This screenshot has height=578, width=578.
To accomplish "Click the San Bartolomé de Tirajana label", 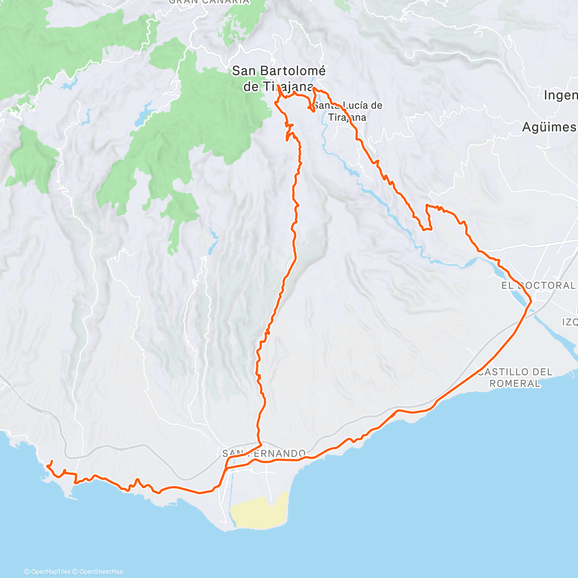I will (278, 78).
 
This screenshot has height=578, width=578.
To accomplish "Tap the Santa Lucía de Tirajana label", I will (348, 111).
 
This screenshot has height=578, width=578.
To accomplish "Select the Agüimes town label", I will (549, 127).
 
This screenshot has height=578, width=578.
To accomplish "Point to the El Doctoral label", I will (538, 285).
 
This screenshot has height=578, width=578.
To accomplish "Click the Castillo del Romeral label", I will (515, 378).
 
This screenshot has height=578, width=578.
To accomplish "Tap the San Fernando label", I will (264, 454).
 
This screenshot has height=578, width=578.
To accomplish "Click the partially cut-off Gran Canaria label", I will (209, 2).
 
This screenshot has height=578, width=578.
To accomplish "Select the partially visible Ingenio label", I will (560, 95).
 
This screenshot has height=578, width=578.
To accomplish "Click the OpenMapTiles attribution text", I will (47, 572).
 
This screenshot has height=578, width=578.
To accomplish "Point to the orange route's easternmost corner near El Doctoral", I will (530, 302).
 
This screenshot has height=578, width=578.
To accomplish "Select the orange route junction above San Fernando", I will (261, 442).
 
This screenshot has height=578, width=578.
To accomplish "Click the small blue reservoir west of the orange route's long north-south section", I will (212, 241).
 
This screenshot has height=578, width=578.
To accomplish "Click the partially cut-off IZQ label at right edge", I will (570, 321).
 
